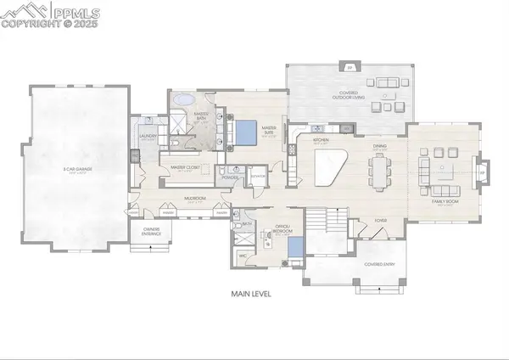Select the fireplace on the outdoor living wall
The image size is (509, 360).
click(x=349, y=67)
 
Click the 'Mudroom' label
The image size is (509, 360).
click(x=196, y=202)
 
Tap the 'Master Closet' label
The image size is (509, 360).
click(x=184, y=168)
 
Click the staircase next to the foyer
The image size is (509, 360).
click(x=327, y=223)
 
